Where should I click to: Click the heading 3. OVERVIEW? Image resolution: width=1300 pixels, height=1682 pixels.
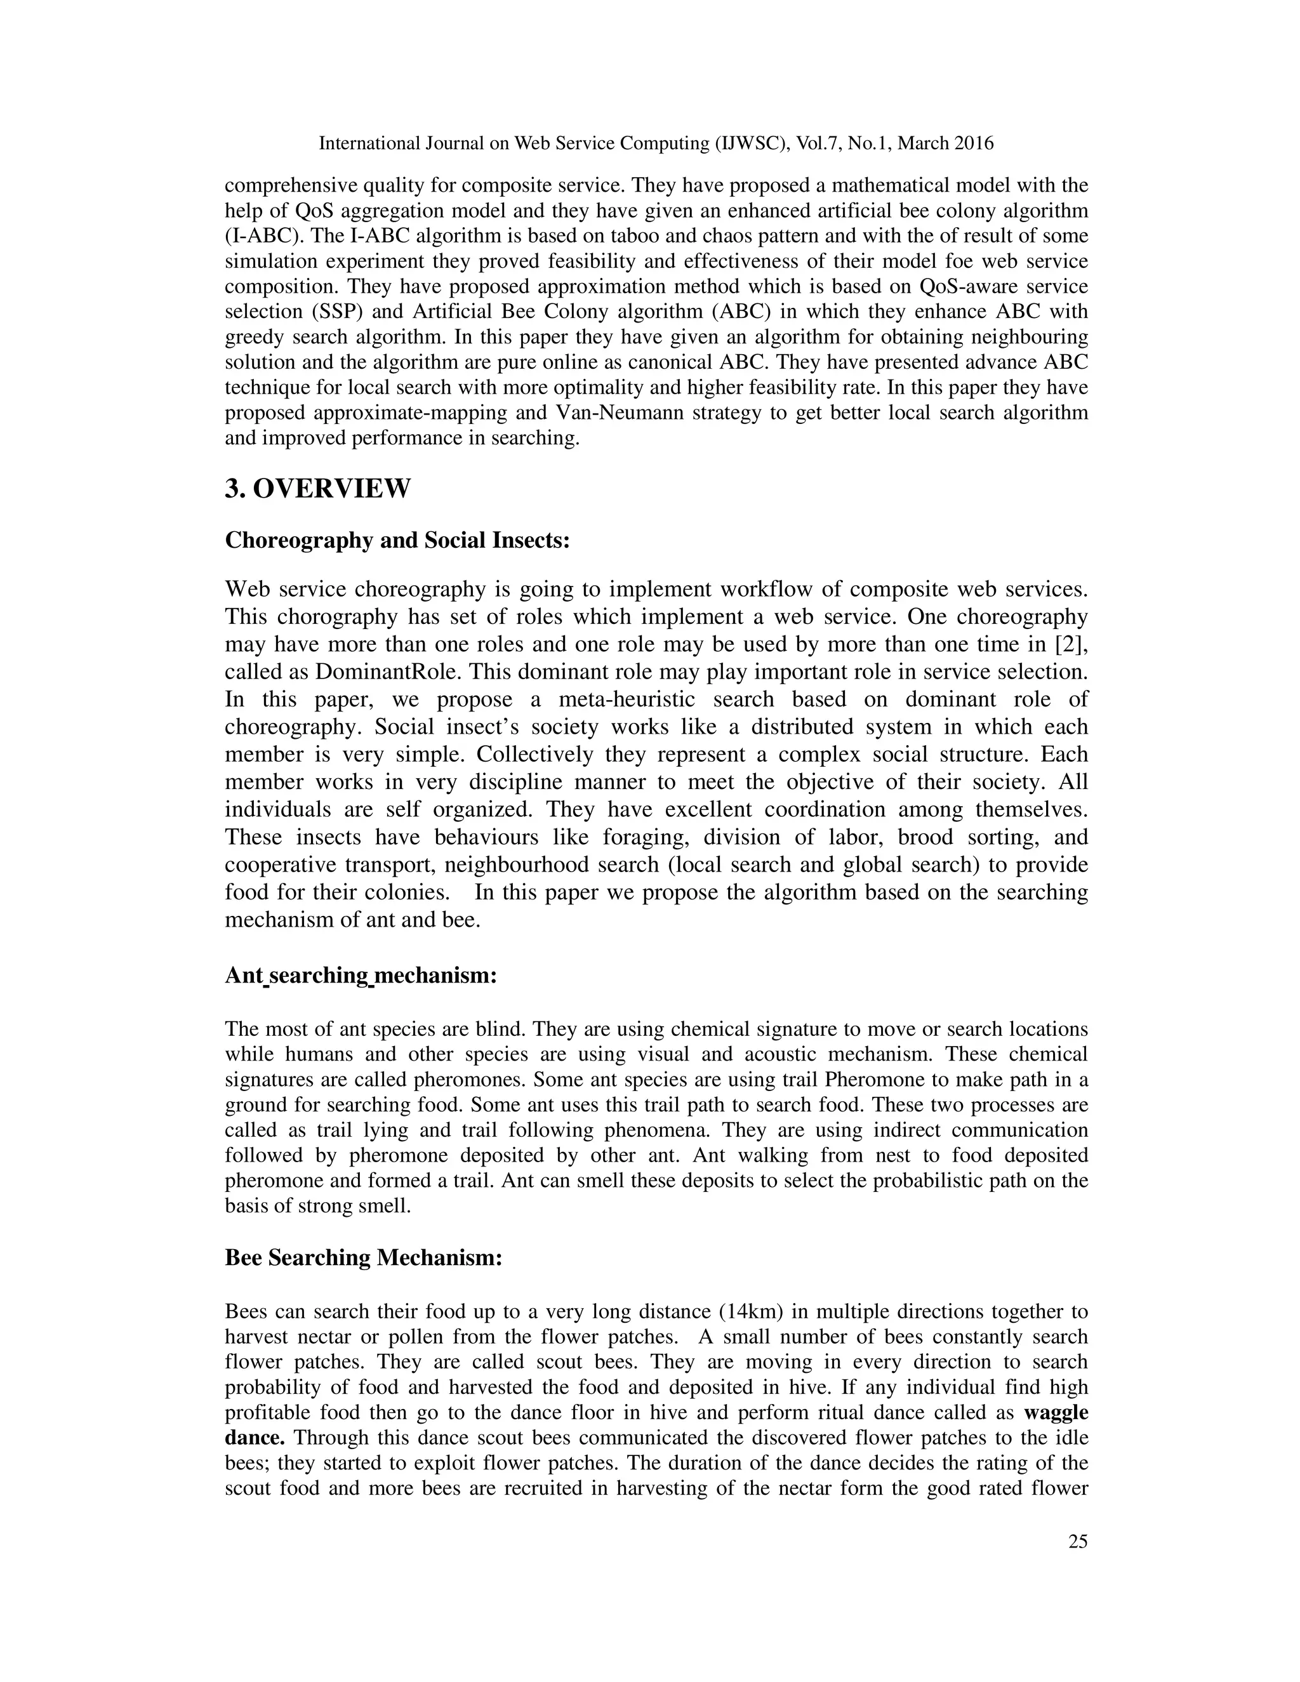(317, 488)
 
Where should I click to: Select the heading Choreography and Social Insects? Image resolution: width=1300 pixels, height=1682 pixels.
(397, 540)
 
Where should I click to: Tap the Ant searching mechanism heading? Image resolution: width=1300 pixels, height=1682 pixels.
(361, 975)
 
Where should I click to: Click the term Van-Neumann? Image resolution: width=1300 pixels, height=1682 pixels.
(617, 413)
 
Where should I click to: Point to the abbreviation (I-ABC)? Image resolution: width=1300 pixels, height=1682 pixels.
(263, 235)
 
